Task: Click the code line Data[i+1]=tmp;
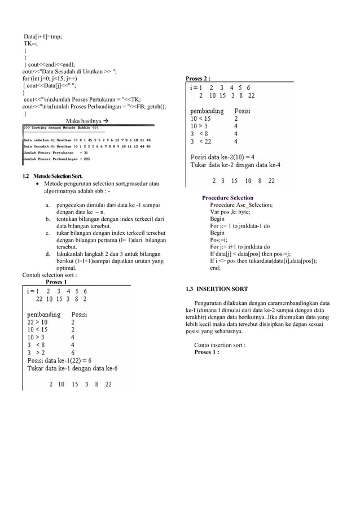point(43,37)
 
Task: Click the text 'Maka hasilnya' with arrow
point(87,121)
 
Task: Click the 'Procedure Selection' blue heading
point(227,198)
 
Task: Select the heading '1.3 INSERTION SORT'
point(217,289)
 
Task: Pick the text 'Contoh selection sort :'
point(50,275)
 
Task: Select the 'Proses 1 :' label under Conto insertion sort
point(207,352)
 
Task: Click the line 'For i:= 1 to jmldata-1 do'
point(240,226)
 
